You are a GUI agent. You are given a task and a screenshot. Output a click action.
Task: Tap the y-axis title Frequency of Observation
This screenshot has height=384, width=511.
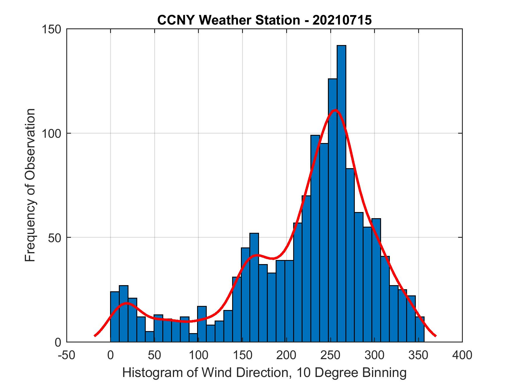click(30, 185)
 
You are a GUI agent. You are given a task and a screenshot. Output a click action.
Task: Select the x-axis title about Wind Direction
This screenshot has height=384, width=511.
click(264, 373)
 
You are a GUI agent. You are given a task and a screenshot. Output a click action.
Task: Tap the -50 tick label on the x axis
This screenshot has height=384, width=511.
click(67, 355)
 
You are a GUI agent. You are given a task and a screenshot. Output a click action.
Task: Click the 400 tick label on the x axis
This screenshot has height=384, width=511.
click(462, 355)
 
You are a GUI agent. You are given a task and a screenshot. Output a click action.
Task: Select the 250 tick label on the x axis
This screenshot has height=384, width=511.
click(330, 355)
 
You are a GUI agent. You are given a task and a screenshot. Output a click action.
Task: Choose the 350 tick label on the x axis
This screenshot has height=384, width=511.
click(418, 355)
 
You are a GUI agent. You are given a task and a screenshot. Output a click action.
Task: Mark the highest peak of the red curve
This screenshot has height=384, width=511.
click(336, 110)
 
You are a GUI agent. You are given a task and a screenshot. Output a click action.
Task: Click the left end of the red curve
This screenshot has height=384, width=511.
click(95, 335)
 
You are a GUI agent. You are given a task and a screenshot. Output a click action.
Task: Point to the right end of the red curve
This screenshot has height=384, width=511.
click(435, 336)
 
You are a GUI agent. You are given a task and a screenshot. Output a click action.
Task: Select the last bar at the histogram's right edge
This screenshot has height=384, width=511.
click(420, 329)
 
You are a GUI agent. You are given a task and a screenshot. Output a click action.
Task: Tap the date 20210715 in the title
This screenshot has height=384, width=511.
click(342, 20)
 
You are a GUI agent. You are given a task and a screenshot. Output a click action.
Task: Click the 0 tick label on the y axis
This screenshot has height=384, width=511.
click(58, 342)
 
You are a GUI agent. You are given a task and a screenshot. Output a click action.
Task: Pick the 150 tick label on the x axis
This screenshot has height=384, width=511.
click(242, 355)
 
